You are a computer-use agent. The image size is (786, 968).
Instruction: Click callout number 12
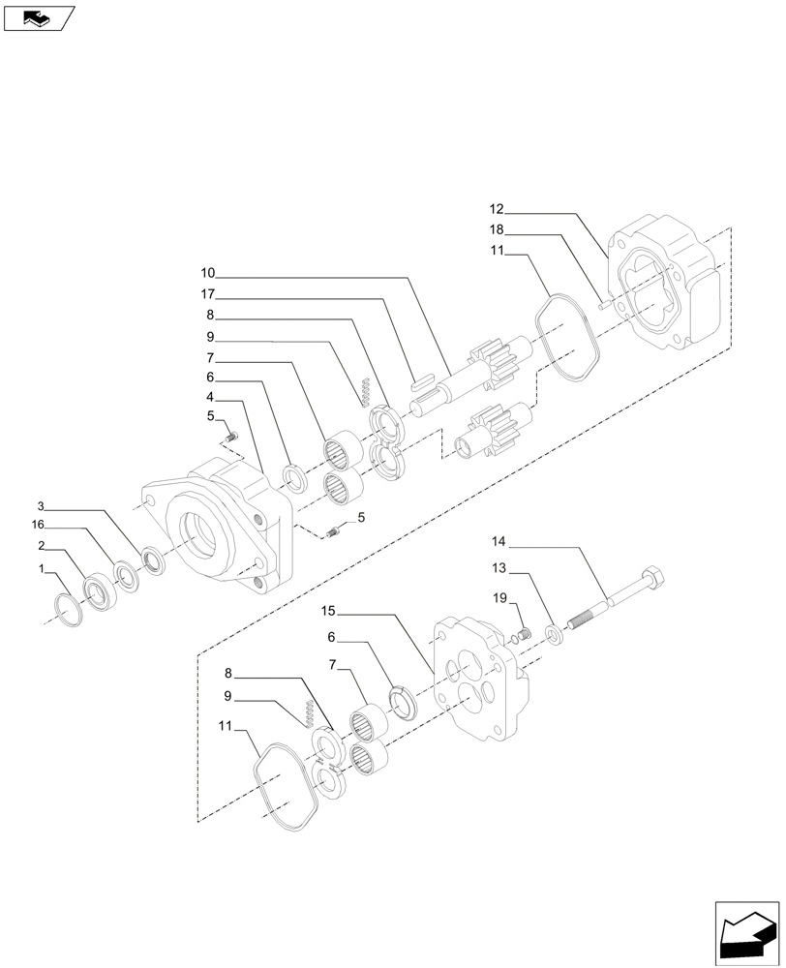[x=497, y=209]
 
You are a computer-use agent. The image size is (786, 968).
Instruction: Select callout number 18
[x=497, y=230]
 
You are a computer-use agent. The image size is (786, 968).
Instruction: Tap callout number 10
[x=209, y=273]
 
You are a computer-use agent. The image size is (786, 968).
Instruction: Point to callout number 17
[x=209, y=294]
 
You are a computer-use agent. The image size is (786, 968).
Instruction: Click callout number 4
[x=210, y=397]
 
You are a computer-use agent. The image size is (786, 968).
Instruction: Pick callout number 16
[x=38, y=526]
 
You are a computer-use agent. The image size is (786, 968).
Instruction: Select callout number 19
[x=499, y=599]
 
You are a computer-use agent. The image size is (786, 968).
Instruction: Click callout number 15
[x=328, y=611]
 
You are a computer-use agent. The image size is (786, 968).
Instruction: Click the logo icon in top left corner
[x=36, y=17]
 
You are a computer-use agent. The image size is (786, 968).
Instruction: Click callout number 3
[x=41, y=505]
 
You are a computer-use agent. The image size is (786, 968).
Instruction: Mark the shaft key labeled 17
[x=423, y=379]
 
